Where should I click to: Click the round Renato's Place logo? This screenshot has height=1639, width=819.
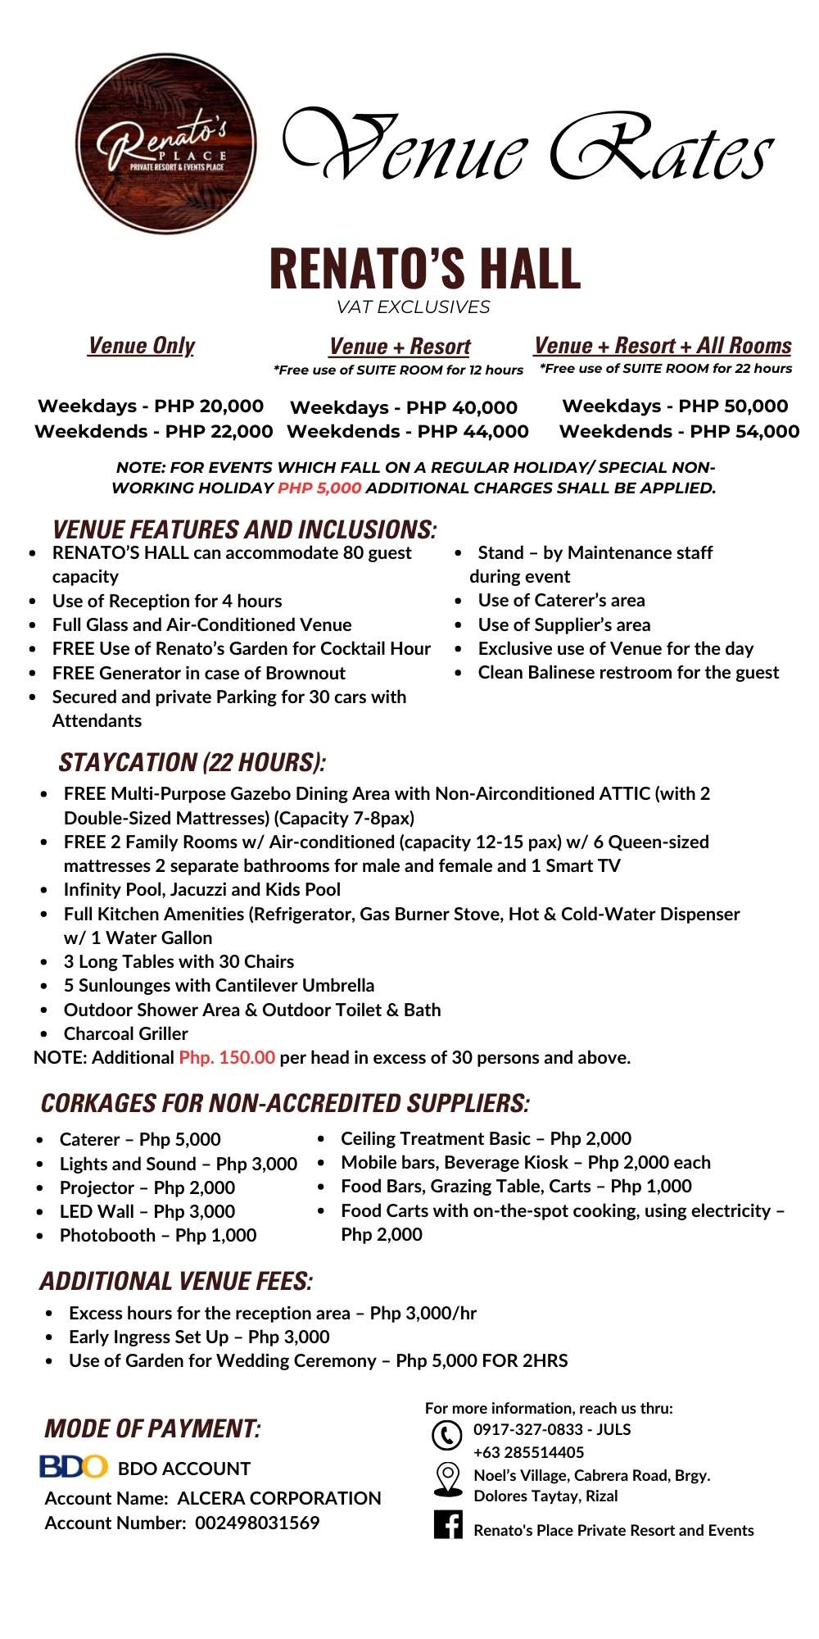165,144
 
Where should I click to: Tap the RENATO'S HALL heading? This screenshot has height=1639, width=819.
424,269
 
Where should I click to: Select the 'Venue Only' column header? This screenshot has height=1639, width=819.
142,346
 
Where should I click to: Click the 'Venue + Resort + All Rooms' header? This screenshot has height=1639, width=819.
663,346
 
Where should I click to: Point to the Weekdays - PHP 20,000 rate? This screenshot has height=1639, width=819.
151,406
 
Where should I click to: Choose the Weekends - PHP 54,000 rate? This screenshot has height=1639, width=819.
679,431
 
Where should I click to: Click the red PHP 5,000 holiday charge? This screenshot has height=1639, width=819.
319,488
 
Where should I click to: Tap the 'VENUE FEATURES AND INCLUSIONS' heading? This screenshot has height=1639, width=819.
244,529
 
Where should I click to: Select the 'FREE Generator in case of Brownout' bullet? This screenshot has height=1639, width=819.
198,673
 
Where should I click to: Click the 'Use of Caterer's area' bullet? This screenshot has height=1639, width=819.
561,600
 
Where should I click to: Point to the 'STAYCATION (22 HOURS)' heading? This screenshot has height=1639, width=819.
192,762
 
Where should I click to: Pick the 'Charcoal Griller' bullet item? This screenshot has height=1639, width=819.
125,1033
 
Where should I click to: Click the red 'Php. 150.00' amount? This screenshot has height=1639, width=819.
227,1057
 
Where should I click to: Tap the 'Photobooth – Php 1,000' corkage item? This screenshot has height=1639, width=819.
157,1235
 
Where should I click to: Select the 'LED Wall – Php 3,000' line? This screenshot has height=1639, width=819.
147,1211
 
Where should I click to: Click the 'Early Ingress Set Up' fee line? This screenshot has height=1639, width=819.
199,1337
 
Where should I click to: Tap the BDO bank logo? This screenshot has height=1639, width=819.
74,1466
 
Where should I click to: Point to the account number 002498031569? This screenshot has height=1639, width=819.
257,1523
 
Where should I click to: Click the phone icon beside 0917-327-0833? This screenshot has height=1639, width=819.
446,1435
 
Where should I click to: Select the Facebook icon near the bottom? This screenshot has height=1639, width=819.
448,1524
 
